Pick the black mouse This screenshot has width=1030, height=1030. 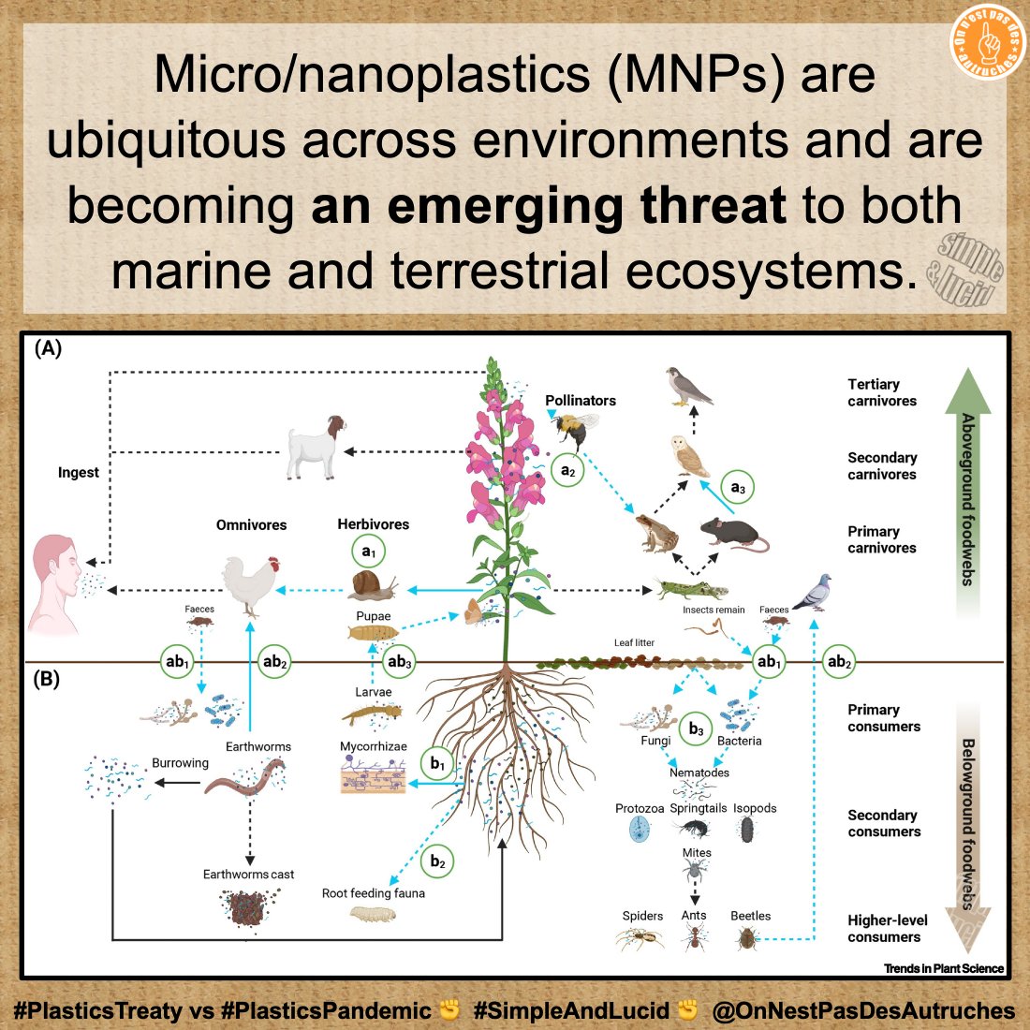click(x=734, y=534)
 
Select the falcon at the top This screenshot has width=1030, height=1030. click(x=690, y=385)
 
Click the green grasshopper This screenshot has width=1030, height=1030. click(x=691, y=589)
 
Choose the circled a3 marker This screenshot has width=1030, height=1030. click(x=738, y=488)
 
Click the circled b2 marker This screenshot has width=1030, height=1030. click(x=437, y=861)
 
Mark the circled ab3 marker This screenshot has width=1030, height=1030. click(x=400, y=662)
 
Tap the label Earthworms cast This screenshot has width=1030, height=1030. click(x=248, y=875)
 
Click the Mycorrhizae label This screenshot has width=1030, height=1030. click(x=373, y=747)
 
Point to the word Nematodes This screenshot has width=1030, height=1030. click(x=699, y=772)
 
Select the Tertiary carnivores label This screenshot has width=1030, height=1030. click(x=882, y=392)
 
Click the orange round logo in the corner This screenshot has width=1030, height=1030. click(x=988, y=43)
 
